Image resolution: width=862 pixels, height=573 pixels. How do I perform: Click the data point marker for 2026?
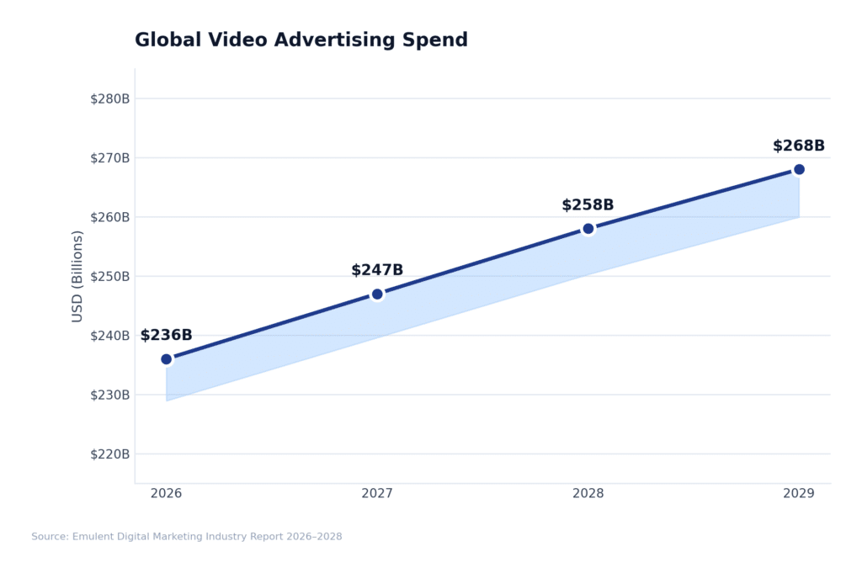point(167,359)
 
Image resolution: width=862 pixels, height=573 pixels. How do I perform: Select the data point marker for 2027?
point(377,294)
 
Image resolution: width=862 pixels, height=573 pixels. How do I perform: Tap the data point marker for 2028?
point(588,228)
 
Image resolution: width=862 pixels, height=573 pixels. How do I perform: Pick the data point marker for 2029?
point(799,169)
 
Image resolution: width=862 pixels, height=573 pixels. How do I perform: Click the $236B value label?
point(166,336)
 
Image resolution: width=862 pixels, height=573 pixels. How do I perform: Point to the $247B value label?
point(377,270)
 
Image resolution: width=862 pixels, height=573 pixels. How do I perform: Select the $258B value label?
point(588,205)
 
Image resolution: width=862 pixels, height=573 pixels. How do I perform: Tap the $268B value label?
point(798,146)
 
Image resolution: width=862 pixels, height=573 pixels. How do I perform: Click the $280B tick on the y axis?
point(109,98)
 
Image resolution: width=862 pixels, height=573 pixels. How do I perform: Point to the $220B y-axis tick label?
point(109,454)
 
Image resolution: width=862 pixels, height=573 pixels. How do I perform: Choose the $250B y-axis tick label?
point(109,276)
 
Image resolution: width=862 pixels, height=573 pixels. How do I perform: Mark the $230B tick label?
point(109,395)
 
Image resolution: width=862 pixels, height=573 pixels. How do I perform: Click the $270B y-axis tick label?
point(109,157)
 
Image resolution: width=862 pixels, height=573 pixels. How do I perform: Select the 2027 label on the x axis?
point(377,494)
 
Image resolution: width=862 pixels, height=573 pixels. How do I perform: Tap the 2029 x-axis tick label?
point(799,494)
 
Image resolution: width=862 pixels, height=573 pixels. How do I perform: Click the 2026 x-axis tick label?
point(167,494)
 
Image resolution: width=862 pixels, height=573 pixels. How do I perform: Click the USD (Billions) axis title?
point(77,276)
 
